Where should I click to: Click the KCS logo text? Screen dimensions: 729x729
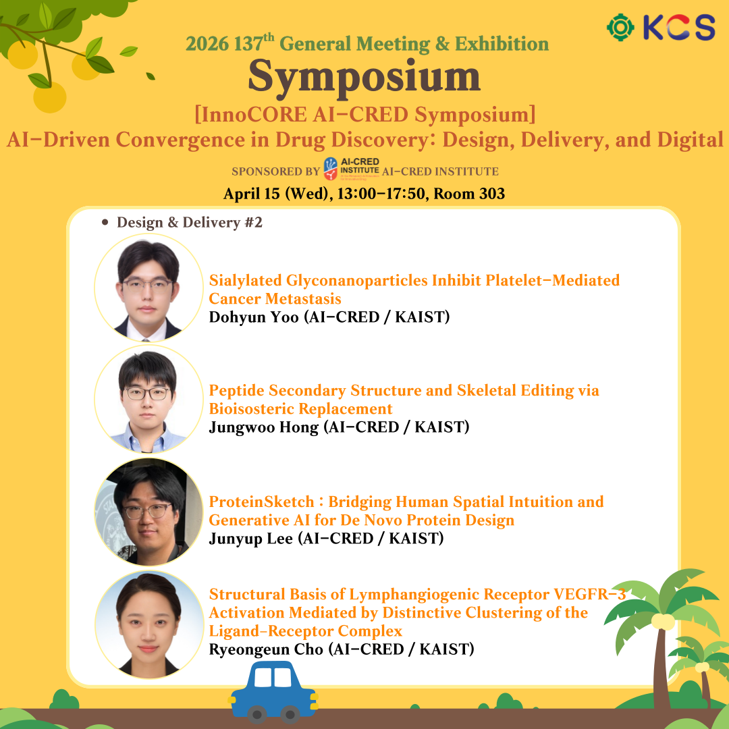tap(679, 27)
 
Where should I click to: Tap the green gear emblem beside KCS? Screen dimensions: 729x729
tap(620, 28)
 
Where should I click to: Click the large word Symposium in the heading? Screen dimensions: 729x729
tap(364, 78)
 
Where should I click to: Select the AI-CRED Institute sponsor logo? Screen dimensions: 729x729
tap(352, 168)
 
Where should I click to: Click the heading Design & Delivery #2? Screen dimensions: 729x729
tap(190, 222)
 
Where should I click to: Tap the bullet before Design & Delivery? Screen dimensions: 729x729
tap(105, 223)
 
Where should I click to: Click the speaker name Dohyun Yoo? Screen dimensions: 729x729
tap(254, 317)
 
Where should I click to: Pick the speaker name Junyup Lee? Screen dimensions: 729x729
tap(251, 539)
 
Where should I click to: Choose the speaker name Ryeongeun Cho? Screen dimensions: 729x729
tap(266, 649)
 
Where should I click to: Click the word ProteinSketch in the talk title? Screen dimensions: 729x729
tap(262, 502)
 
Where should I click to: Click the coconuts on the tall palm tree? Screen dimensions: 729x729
tap(663, 622)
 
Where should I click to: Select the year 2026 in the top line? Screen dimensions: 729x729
tap(207, 44)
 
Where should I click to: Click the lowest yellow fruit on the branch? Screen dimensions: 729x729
tap(50, 97)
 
